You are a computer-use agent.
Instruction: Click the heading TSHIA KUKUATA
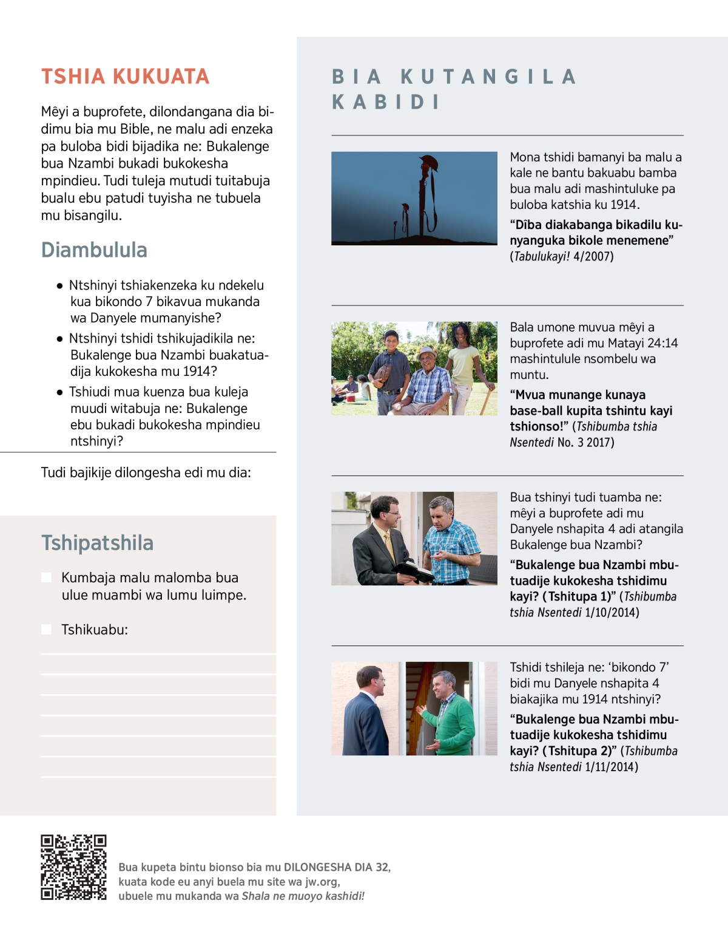click(x=125, y=77)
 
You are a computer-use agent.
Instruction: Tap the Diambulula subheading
click(x=94, y=250)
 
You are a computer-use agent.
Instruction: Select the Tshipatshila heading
click(x=97, y=543)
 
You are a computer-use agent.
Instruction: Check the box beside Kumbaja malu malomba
click(x=46, y=578)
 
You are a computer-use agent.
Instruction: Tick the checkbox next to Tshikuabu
click(x=46, y=630)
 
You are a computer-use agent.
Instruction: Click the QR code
click(x=73, y=867)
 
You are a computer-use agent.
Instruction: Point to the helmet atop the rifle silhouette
click(x=428, y=162)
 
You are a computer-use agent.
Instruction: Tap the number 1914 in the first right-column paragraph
click(x=624, y=205)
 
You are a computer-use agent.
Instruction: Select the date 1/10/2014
click(x=612, y=613)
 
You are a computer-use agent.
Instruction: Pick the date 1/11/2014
click(x=611, y=767)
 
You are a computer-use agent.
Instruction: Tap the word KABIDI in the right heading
click(x=386, y=102)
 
